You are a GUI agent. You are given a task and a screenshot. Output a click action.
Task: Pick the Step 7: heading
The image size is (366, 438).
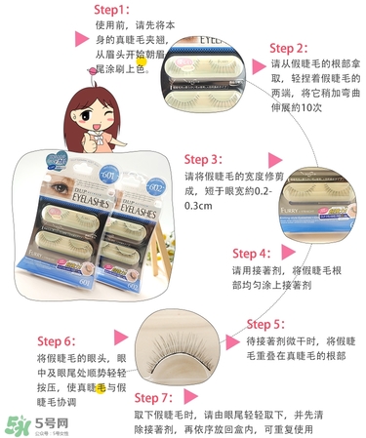[x=155, y=397]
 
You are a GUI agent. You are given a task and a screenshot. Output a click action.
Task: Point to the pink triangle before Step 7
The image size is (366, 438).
[x=122, y=398]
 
